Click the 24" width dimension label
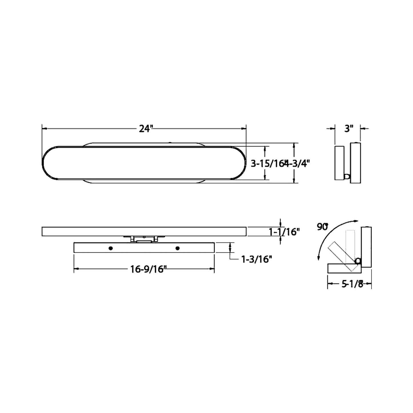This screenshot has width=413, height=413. pyautogui.click(x=144, y=129)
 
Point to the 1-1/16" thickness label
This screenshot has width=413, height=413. pyautogui.click(x=284, y=232)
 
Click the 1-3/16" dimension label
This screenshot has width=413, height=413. pyautogui.click(x=256, y=259)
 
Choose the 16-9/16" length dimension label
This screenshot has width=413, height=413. pyautogui.click(x=149, y=269)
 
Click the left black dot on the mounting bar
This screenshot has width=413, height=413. pyautogui.click(x=111, y=248)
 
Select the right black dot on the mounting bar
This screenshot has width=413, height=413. pyautogui.click(x=177, y=248)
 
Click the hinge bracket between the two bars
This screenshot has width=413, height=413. pyautogui.click(x=144, y=239)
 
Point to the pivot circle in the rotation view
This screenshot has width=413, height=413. pyautogui.click(x=357, y=261)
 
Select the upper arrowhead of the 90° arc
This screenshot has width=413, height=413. pyautogui.click(x=356, y=221)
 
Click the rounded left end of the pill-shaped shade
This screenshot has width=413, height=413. pyautogui.click(x=47, y=163)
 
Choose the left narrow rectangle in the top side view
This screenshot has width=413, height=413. pyautogui.click(x=340, y=163)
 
